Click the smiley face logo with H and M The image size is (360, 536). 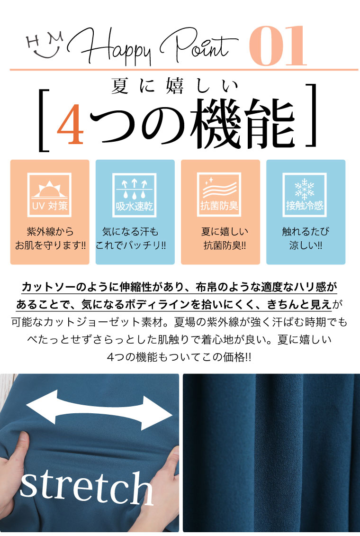(x=45, y=45)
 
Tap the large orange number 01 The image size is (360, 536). (x=278, y=45)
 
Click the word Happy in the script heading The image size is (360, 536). (x=110, y=46)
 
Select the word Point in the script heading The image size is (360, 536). (x=198, y=45)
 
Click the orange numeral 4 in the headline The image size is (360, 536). (x=71, y=123)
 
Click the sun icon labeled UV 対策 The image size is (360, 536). (x=50, y=195)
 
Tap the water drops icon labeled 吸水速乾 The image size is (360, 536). (x=135, y=195)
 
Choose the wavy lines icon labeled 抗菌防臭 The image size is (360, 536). (x=219, y=194)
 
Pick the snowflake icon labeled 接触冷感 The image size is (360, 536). (x=305, y=194)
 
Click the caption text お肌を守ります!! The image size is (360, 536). (x=50, y=245)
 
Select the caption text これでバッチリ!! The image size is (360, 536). (x=131, y=245)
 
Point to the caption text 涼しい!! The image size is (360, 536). (x=306, y=245)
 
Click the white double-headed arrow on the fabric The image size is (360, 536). (x=99, y=409)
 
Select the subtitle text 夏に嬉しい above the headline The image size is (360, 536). (x=174, y=86)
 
